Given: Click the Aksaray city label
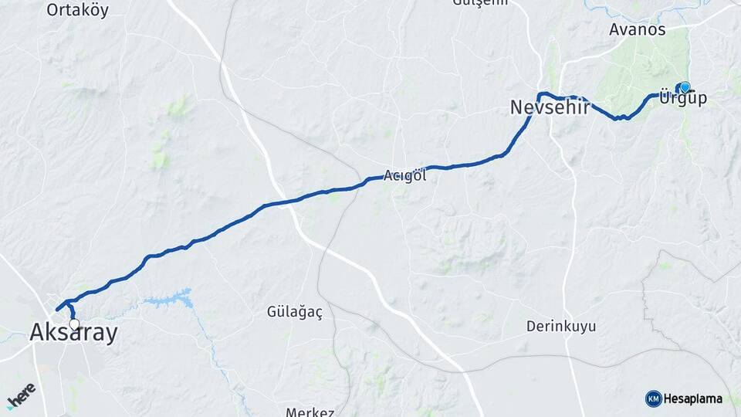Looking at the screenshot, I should click(x=74, y=334).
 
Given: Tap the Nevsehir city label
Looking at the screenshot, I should click(x=550, y=108).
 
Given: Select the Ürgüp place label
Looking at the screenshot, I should click(x=683, y=100).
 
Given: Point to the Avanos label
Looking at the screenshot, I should click(x=637, y=30).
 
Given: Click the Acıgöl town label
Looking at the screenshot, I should click(x=405, y=175).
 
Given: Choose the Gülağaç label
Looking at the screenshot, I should click(x=294, y=312).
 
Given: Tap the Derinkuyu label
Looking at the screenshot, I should click(x=561, y=327).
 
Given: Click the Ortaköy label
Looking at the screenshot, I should click(x=77, y=11).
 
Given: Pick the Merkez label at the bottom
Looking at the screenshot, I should click(x=310, y=412).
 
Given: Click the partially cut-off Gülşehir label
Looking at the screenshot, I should click(x=480, y=3).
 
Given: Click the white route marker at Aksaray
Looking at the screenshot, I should click(x=74, y=324).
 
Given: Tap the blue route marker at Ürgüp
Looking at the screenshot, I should click(x=685, y=86).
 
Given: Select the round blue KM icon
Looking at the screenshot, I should click(x=653, y=398).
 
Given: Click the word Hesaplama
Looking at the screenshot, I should click(x=692, y=398).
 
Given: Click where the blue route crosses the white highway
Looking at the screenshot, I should click(x=288, y=202).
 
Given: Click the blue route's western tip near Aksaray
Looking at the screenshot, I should click(x=57, y=310).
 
